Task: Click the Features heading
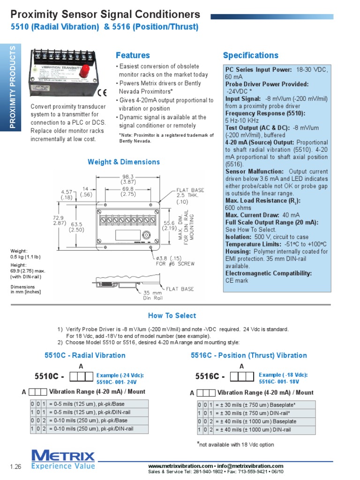point(133,55)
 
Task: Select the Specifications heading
point(250,55)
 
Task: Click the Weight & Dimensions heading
point(124,162)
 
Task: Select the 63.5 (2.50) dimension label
point(76,227)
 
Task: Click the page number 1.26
point(16,466)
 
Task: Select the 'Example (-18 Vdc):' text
point(283,375)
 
